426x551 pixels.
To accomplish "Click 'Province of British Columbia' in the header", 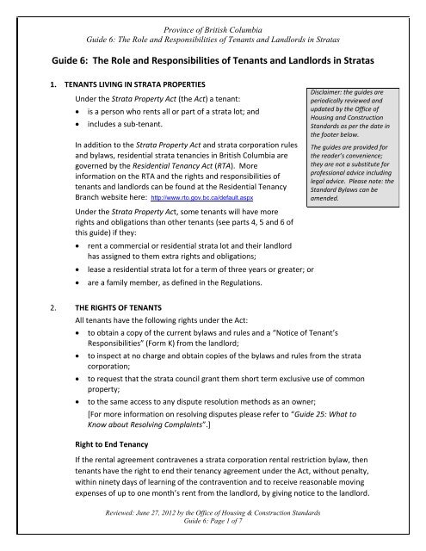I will (x=213, y=9).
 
